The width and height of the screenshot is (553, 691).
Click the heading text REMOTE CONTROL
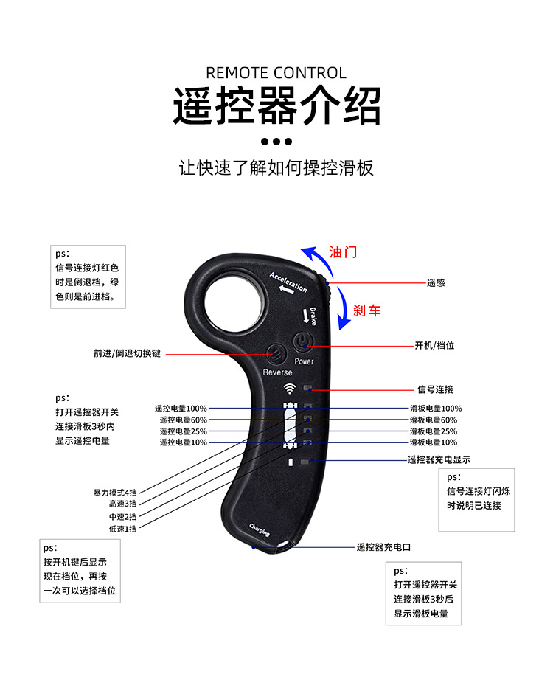[276, 73]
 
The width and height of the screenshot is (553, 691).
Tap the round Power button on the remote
[304, 341]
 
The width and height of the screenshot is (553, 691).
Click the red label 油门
[343, 251]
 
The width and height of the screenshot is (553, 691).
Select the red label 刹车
[366, 310]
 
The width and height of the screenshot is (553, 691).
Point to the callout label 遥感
[436, 282]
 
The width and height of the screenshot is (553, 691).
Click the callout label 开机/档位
[435, 345]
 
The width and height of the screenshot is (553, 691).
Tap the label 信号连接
[435, 389]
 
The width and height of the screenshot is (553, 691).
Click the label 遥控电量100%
[181, 408]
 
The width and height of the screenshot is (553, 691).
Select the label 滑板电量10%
[434, 442]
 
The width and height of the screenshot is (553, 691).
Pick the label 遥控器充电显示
[439, 459]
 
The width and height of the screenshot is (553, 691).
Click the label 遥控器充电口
[383, 547]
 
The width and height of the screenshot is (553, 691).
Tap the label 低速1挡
[123, 528]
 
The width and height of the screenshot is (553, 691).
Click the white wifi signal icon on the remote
[289, 389]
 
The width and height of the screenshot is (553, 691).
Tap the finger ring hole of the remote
[233, 301]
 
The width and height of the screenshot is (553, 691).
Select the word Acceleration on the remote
[288, 281]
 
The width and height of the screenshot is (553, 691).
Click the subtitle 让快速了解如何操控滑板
[276, 167]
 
